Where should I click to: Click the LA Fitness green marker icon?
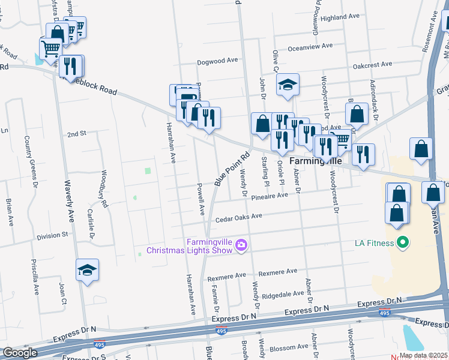[x=403, y=243]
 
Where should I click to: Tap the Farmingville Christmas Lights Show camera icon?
[x=241, y=244]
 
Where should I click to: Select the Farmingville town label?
[x=316, y=161]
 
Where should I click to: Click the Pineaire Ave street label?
[x=270, y=197]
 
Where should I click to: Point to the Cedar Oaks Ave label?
[x=239, y=217]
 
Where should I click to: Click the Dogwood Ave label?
[x=218, y=61]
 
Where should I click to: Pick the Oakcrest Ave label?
[x=372, y=64]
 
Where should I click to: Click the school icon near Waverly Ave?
[x=88, y=271]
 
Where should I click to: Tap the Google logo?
[x=20, y=352]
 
